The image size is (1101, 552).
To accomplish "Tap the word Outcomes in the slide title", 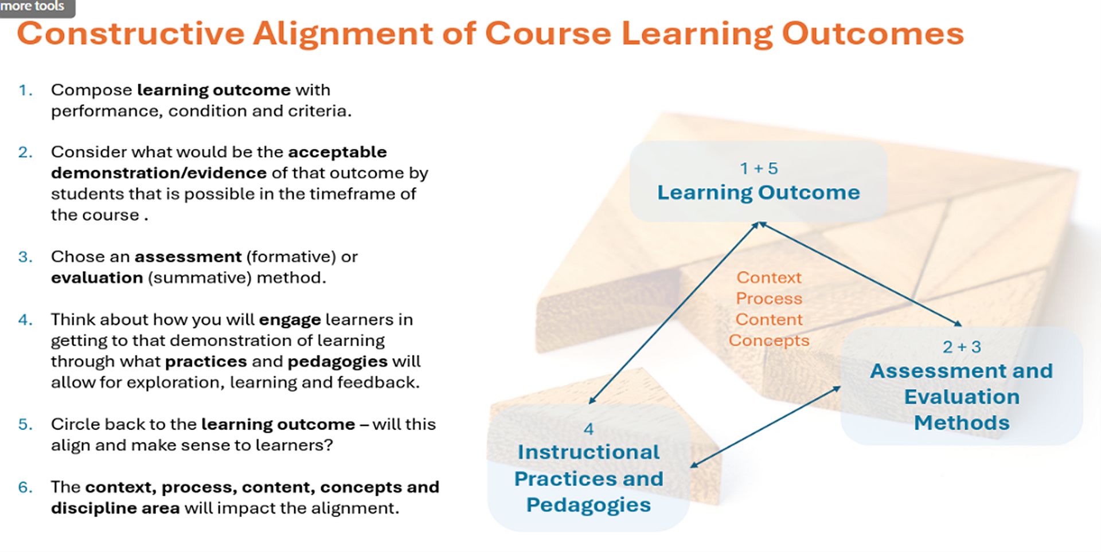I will [873, 33].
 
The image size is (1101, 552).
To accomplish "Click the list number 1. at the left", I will [25, 90].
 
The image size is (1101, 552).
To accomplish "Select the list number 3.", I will [25, 257].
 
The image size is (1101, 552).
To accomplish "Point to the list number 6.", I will [25, 487].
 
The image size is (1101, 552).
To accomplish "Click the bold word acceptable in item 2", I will [337, 152].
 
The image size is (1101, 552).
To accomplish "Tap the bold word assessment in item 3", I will [188, 257].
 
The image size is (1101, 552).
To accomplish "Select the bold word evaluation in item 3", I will [96, 278].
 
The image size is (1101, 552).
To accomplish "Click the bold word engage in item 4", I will [290, 320].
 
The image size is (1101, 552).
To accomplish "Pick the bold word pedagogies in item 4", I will [337, 362].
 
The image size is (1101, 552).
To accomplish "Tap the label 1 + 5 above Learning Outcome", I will [758, 169].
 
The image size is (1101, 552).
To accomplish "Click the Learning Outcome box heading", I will [758, 193].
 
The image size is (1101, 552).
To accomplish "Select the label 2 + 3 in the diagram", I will [962, 347].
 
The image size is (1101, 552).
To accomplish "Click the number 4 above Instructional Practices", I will [588, 429].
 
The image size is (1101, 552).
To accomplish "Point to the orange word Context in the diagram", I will [769, 277].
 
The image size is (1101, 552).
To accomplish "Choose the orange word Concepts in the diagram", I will [769, 340].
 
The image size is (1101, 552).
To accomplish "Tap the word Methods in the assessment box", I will [962, 423].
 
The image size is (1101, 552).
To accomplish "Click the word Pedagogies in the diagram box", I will [588, 505].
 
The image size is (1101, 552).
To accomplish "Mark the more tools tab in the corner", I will [33, 6].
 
